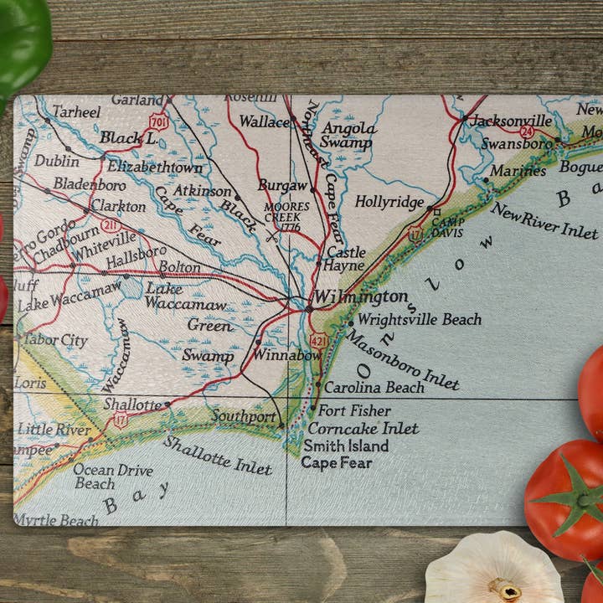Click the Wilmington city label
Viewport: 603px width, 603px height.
(360, 297)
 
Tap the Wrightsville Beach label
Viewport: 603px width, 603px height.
(419, 319)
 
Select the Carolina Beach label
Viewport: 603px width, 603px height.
(374, 388)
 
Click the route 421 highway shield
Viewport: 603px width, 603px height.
(319, 341)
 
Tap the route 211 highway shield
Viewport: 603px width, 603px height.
(111, 225)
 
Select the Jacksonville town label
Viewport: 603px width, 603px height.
(511, 121)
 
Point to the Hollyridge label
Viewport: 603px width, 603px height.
(389, 202)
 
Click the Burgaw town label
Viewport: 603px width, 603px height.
(283, 185)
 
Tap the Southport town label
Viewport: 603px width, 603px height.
(244, 416)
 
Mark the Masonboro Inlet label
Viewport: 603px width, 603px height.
(402, 359)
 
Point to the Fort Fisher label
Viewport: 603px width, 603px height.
(353, 411)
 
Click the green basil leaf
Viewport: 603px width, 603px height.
(21, 42)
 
